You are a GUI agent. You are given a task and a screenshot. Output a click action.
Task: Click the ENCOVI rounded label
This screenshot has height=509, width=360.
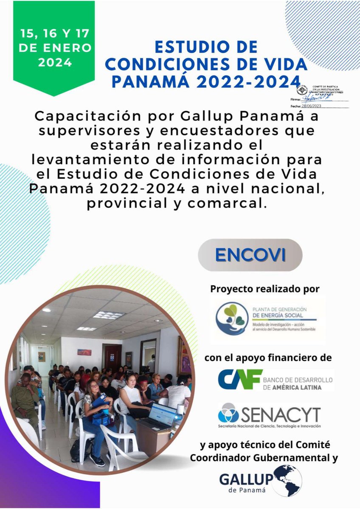coord(250,254)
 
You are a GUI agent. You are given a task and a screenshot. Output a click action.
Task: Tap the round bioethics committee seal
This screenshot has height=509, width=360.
coord(302,91)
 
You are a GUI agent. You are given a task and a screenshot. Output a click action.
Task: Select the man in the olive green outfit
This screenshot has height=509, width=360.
coord(25,397)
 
